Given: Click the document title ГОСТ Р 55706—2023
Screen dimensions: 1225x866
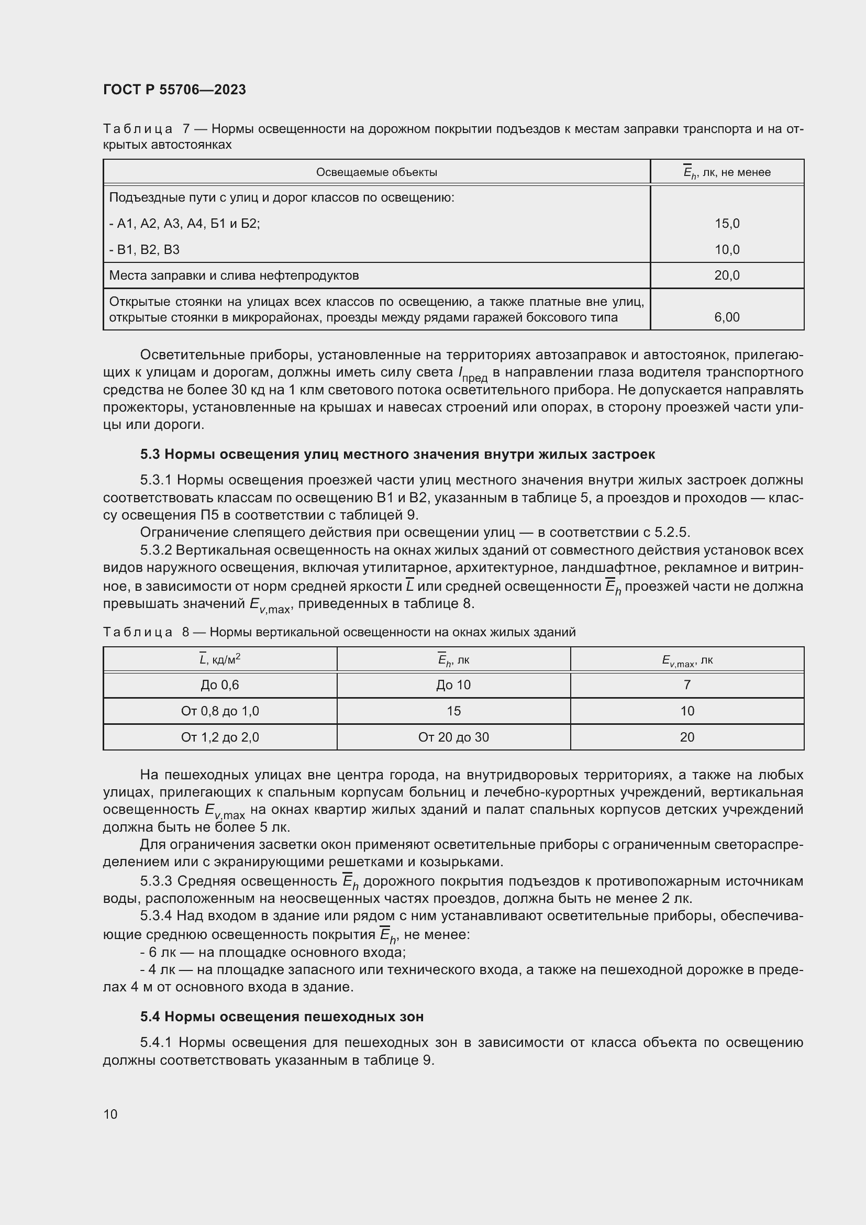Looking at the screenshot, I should coord(174,90).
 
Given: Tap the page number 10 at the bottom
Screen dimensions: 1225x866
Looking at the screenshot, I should coord(110,1114).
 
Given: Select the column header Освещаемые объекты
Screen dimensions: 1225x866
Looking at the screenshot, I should coord(376,172).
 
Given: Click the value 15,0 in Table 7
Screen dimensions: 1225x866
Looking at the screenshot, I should coord(727,224).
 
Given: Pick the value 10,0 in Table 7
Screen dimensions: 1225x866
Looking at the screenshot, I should coord(727,250).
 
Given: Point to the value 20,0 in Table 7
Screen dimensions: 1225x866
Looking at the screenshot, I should coord(727,275).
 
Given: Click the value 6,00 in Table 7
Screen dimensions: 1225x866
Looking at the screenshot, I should coord(727,317).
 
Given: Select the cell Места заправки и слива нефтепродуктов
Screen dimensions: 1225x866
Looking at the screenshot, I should coord(234,275).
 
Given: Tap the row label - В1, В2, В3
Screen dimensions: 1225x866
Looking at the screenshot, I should coord(145,250).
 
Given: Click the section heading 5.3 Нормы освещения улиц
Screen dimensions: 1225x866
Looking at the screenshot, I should coord(397,454).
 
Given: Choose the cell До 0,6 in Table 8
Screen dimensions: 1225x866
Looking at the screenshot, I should coord(220,685).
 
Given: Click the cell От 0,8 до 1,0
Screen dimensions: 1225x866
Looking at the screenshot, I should coord(220,711).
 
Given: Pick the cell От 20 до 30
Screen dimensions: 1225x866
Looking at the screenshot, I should coord(453,737).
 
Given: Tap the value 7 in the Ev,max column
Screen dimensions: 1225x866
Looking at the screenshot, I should coord(687,685).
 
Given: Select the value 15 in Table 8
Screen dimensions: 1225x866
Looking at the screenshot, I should coord(453,711).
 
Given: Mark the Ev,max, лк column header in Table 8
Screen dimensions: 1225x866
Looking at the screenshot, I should coord(687,660).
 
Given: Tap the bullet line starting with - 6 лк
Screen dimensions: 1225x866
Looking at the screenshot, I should coord(272,952).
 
